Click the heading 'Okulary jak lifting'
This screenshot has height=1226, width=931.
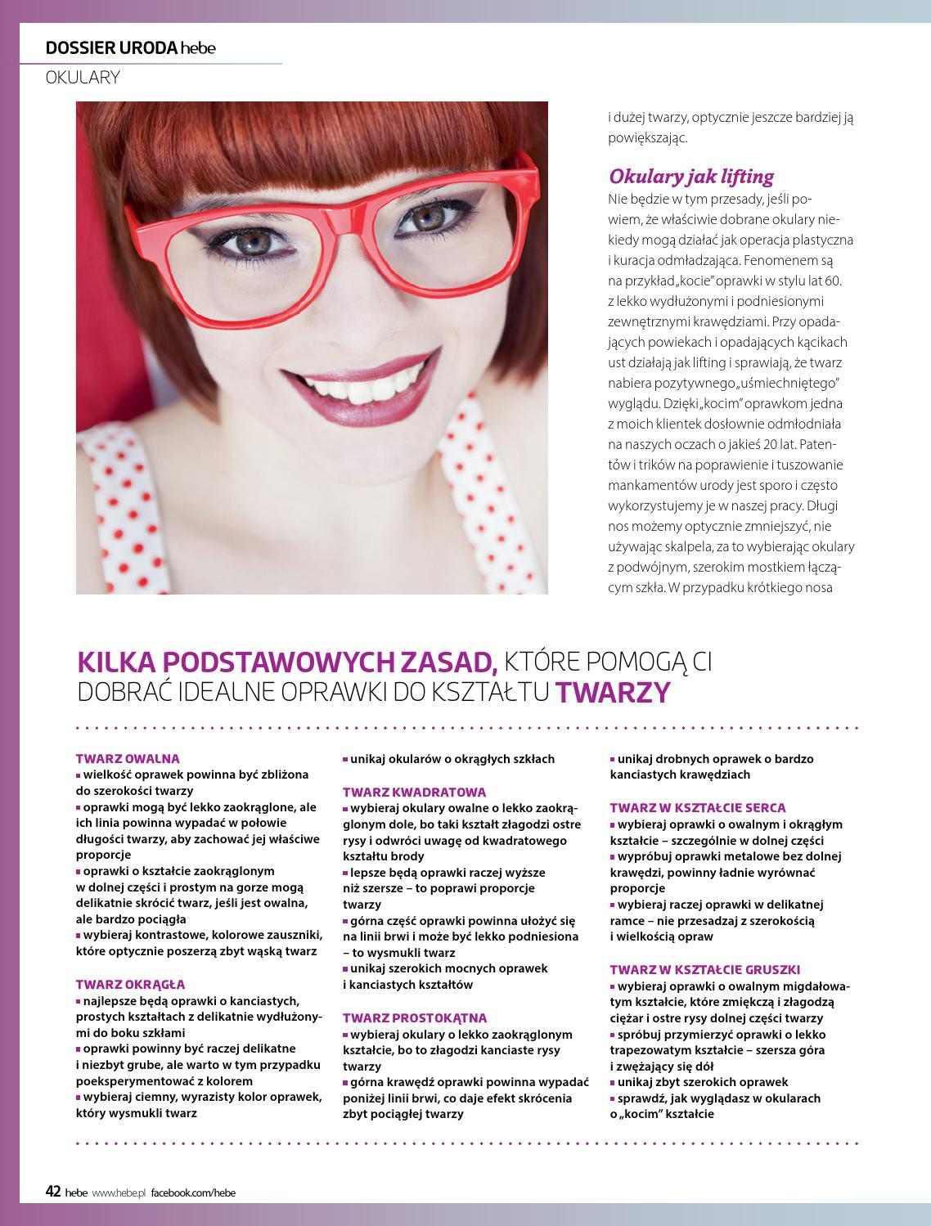coord(690,177)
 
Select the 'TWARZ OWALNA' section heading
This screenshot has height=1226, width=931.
coord(128,758)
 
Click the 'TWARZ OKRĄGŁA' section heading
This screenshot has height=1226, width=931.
coord(130,984)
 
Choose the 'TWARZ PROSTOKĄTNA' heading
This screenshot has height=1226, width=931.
coord(415,1017)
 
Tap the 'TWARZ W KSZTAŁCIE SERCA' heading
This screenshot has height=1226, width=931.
coord(698,807)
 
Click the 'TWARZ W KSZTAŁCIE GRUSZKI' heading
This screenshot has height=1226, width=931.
coord(704,969)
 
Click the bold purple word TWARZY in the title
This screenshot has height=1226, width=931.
coord(614,693)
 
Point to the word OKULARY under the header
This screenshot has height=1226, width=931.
coord(83,78)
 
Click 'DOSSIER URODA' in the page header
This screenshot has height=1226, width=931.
coord(111,47)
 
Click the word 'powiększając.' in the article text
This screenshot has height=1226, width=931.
coord(648,137)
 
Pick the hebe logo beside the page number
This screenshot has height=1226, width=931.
coord(76,1192)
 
